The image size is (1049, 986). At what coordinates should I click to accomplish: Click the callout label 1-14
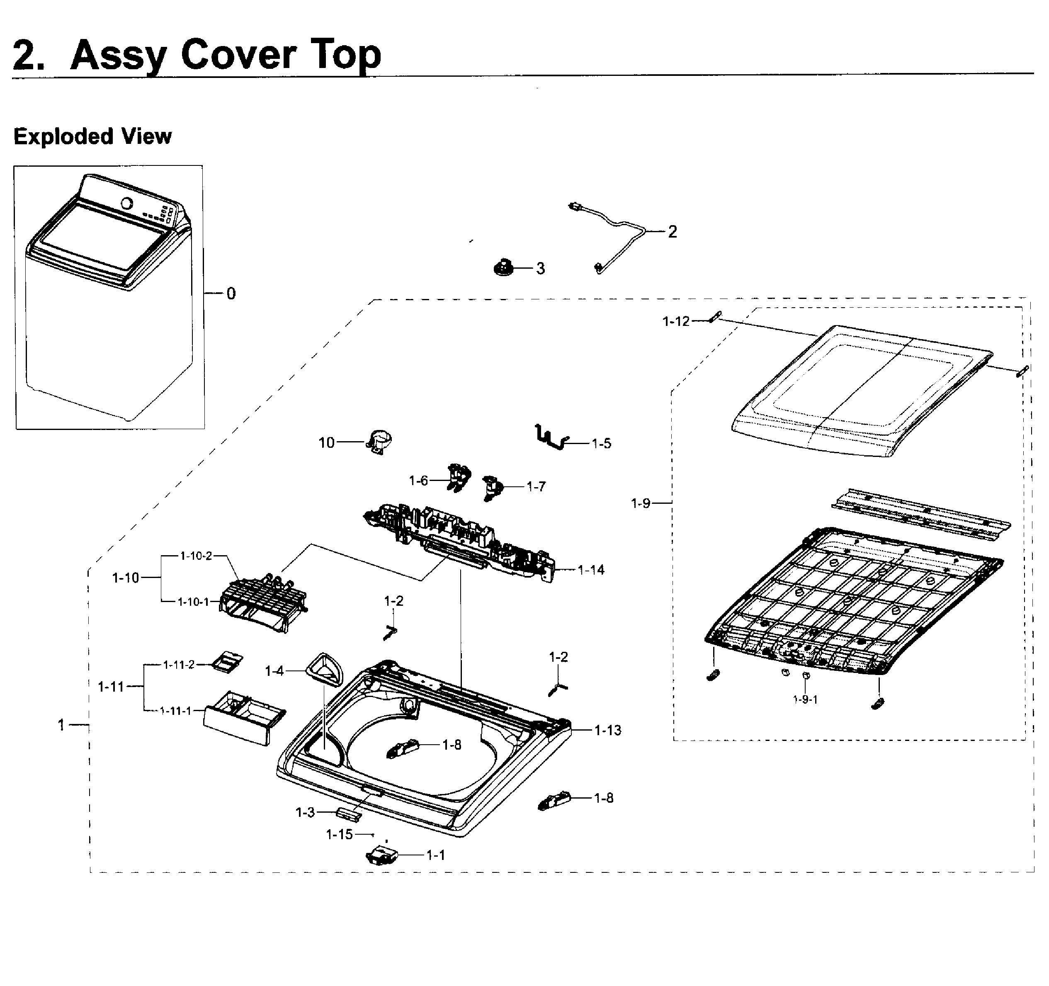pyautogui.click(x=590, y=570)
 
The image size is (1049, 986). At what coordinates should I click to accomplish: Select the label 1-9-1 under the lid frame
pyautogui.click(x=805, y=699)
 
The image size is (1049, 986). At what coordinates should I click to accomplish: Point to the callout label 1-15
pyautogui.click(x=339, y=834)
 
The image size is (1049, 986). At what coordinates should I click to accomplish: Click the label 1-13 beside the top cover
pyautogui.click(x=607, y=730)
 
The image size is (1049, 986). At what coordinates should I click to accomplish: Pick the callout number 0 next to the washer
pyautogui.click(x=231, y=294)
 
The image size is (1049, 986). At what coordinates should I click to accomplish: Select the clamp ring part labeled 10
pyautogui.click(x=380, y=442)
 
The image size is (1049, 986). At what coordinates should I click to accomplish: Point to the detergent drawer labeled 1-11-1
pyautogui.click(x=244, y=717)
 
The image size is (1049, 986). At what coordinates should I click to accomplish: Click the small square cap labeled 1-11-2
pyautogui.click(x=227, y=661)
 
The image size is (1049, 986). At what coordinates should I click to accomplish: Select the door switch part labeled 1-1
pyautogui.click(x=381, y=855)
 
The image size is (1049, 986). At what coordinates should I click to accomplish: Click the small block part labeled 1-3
pyautogui.click(x=348, y=814)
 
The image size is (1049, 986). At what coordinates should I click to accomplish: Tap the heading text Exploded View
pyautogui.click(x=92, y=137)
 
